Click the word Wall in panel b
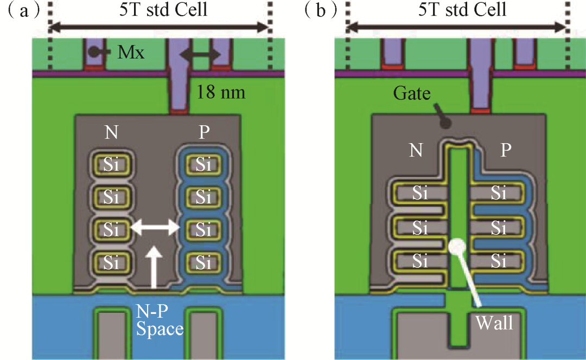(x=494, y=323)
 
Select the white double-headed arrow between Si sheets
(x=155, y=228)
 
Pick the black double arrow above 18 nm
(x=200, y=54)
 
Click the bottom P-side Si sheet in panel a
(x=203, y=263)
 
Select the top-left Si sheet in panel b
(x=419, y=192)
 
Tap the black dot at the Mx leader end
(x=93, y=52)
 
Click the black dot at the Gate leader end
(x=446, y=123)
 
